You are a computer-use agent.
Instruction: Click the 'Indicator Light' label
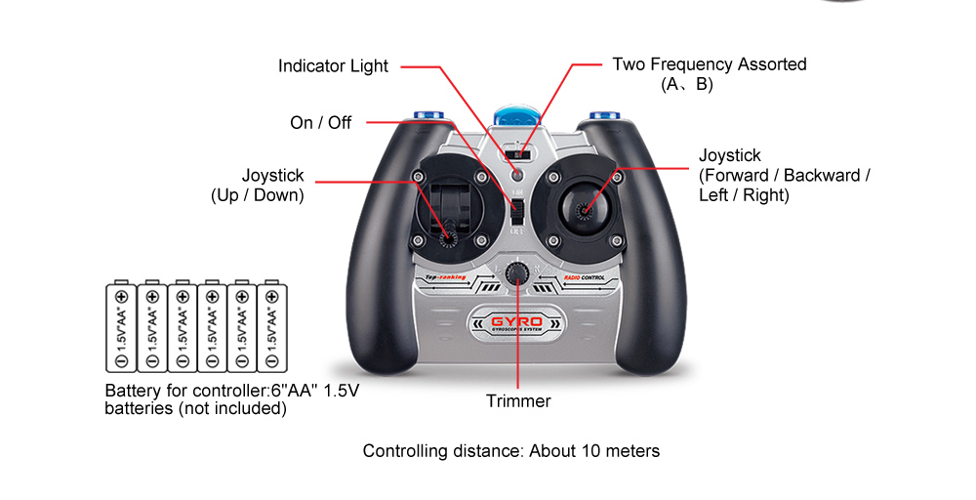point(333,66)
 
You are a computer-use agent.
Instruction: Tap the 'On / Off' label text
point(320,123)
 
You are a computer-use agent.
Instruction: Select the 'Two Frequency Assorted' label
point(709,65)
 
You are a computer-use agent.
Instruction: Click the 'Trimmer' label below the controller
point(518,401)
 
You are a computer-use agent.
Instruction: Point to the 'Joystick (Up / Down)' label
point(259,186)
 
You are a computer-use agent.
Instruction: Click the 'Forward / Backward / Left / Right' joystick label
point(784,176)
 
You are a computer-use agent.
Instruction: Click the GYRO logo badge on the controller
point(517,322)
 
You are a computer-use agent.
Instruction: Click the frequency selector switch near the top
point(518,154)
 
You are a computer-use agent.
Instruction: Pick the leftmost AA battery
point(120,327)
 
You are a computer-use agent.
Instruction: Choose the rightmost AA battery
point(271,327)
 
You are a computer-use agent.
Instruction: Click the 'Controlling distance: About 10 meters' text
point(511,451)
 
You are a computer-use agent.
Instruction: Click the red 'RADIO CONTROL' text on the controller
point(584,278)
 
